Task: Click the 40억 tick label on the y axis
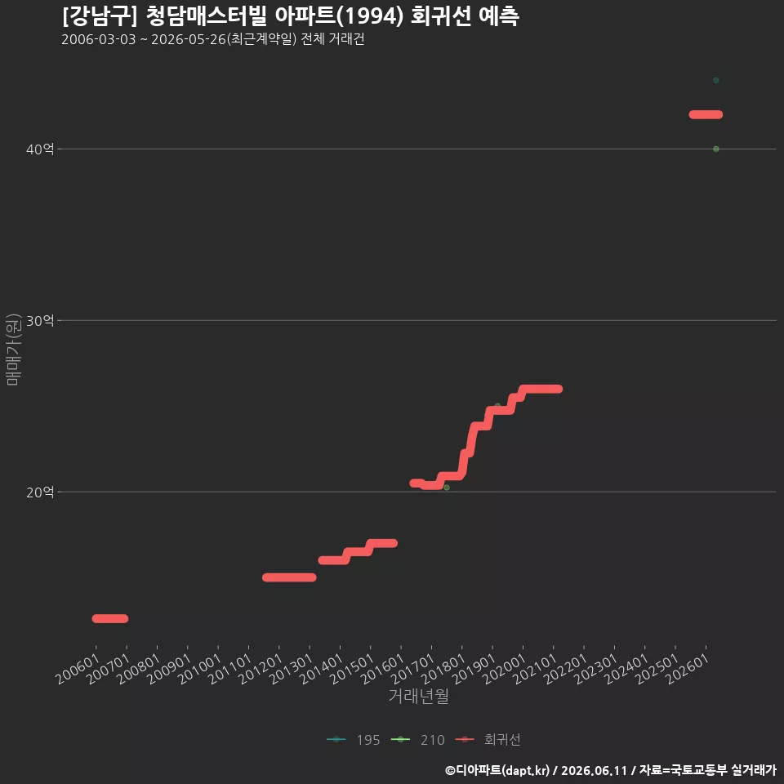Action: click(40, 149)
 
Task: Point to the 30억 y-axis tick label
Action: click(40, 320)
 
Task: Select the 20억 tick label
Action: click(40, 492)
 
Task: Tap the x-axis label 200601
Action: click(78, 669)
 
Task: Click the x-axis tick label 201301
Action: click(292, 669)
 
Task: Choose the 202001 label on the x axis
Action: click(505, 669)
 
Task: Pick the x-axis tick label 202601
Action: click(688, 669)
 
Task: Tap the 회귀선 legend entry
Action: click(488, 740)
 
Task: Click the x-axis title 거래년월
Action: click(418, 696)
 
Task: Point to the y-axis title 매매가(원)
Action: click(13, 350)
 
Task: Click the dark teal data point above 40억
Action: click(716, 81)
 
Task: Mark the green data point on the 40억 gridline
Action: click(716, 149)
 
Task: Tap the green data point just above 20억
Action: click(447, 488)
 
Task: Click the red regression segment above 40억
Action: click(706, 114)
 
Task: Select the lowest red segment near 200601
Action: click(110, 618)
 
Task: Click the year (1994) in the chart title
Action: click(369, 16)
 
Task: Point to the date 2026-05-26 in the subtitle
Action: click(189, 39)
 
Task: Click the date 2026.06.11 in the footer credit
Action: click(594, 770)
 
